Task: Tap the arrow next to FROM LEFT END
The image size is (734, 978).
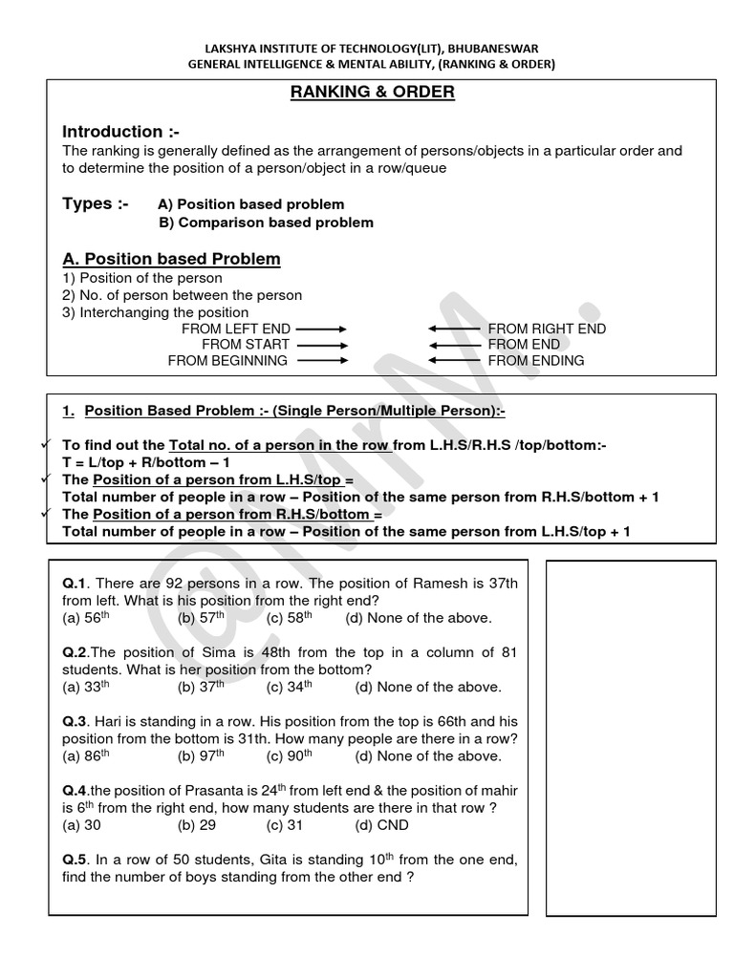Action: tap(322, 329)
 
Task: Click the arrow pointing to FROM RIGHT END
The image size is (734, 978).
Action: tap(454, 329)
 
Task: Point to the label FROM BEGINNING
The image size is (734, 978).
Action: tap(227, 361)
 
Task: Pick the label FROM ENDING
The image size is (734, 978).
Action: tap(536, 361)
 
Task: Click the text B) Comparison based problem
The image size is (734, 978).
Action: tap(266, 223)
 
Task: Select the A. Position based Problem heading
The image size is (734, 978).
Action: tap(171, 259)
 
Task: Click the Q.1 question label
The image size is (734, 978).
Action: tap(75, 584)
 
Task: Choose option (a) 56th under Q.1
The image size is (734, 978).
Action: tap(86, 618)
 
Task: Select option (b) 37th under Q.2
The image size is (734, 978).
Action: tap(201, 687)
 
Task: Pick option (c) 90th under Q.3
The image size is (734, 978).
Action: tap(290, 756)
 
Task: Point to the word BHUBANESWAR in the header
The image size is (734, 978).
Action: tap(500, 49)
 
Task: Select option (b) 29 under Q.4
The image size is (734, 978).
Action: tap(197, 825)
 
